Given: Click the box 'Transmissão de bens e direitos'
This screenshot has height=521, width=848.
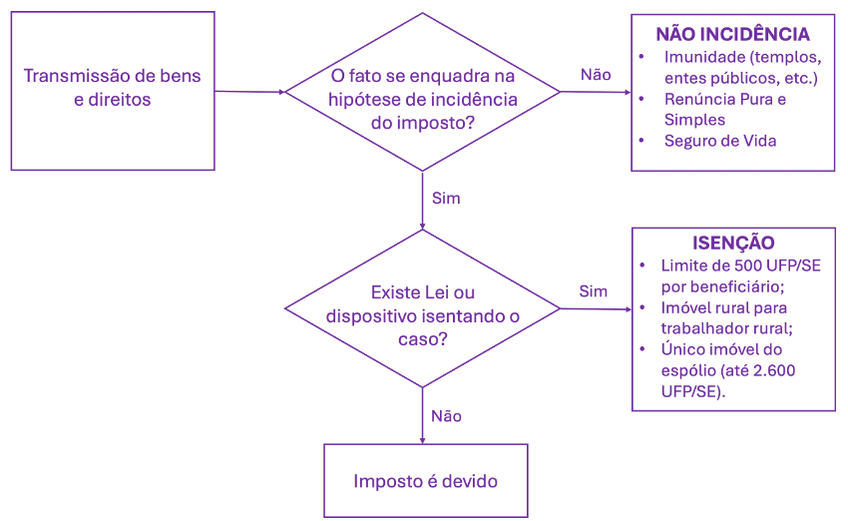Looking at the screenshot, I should pyautogui.click(x=112, y=89).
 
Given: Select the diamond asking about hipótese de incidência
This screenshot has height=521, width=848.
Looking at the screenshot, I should pyautogui.click(x=423, y=100).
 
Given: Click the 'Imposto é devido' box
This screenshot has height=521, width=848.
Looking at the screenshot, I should pyautogui.click(x=425, y=481).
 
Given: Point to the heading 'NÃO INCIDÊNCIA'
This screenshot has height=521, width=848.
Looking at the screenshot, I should pyautogui.click(x=731, y=34).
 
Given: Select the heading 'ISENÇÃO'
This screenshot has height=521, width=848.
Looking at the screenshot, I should pyautogui.click(x=733, y=244).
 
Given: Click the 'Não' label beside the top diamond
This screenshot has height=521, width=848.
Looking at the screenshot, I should pyautogui.click(x=596, y=75).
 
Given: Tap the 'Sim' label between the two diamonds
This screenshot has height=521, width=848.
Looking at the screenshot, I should pyautogui.click(x=446, y=198).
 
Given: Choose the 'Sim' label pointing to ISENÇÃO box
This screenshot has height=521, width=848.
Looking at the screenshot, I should pyautogui.click(x=593, y=291).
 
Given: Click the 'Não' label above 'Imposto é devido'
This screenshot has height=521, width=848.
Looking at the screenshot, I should pyautogui.click(x=446, y=415).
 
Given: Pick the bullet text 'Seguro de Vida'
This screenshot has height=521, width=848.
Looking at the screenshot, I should pyautogui.click(x=719, y=141).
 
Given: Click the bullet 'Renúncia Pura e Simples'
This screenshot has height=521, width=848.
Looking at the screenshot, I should pyautogui.click(x=724, y=109).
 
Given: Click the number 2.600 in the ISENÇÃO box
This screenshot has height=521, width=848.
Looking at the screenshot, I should pyautogui.click(x=772, y=370).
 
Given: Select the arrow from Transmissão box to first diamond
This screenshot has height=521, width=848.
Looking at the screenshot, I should pyautogui.click(x=249, y=92).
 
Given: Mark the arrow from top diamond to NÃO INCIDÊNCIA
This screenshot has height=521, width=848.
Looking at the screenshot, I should pyautogui.click(x=596, y=93).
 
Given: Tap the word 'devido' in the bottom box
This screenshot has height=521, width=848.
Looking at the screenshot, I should pyautogui.click(x=468, y=481).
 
